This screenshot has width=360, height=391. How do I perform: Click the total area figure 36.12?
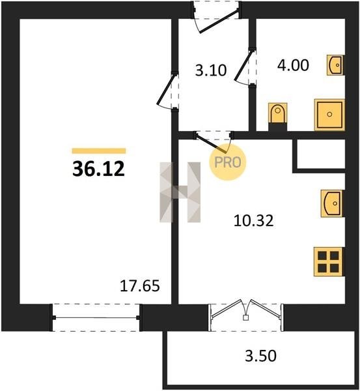click(x=98, y=169)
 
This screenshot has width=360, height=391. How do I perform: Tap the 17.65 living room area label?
click(x=139, y=286)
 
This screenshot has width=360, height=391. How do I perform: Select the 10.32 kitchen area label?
click(x=254, y=221)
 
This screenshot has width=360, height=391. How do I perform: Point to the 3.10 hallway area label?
click(x=211, y=70)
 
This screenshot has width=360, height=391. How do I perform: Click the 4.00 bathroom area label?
click(x=293, y=65)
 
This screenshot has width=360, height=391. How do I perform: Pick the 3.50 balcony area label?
click(x=260, y=356)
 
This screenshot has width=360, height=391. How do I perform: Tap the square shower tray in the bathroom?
click(x=329, y=115)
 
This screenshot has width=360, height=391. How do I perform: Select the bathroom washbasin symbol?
click(x=335, y=65)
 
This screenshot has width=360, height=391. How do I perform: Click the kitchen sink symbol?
click(x=332, y=203)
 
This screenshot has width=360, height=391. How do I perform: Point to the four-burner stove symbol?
click(x=329, y=261)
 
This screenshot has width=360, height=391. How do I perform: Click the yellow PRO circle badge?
click(x=227, y=162)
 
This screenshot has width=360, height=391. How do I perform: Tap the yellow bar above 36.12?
click(x=99, y=151)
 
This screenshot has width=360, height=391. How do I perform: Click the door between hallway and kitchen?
click(x=214, y=142)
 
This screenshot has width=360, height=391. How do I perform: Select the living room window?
click(x=96, y=317)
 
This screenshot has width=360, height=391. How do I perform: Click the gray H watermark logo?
click(x=180, y=192)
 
